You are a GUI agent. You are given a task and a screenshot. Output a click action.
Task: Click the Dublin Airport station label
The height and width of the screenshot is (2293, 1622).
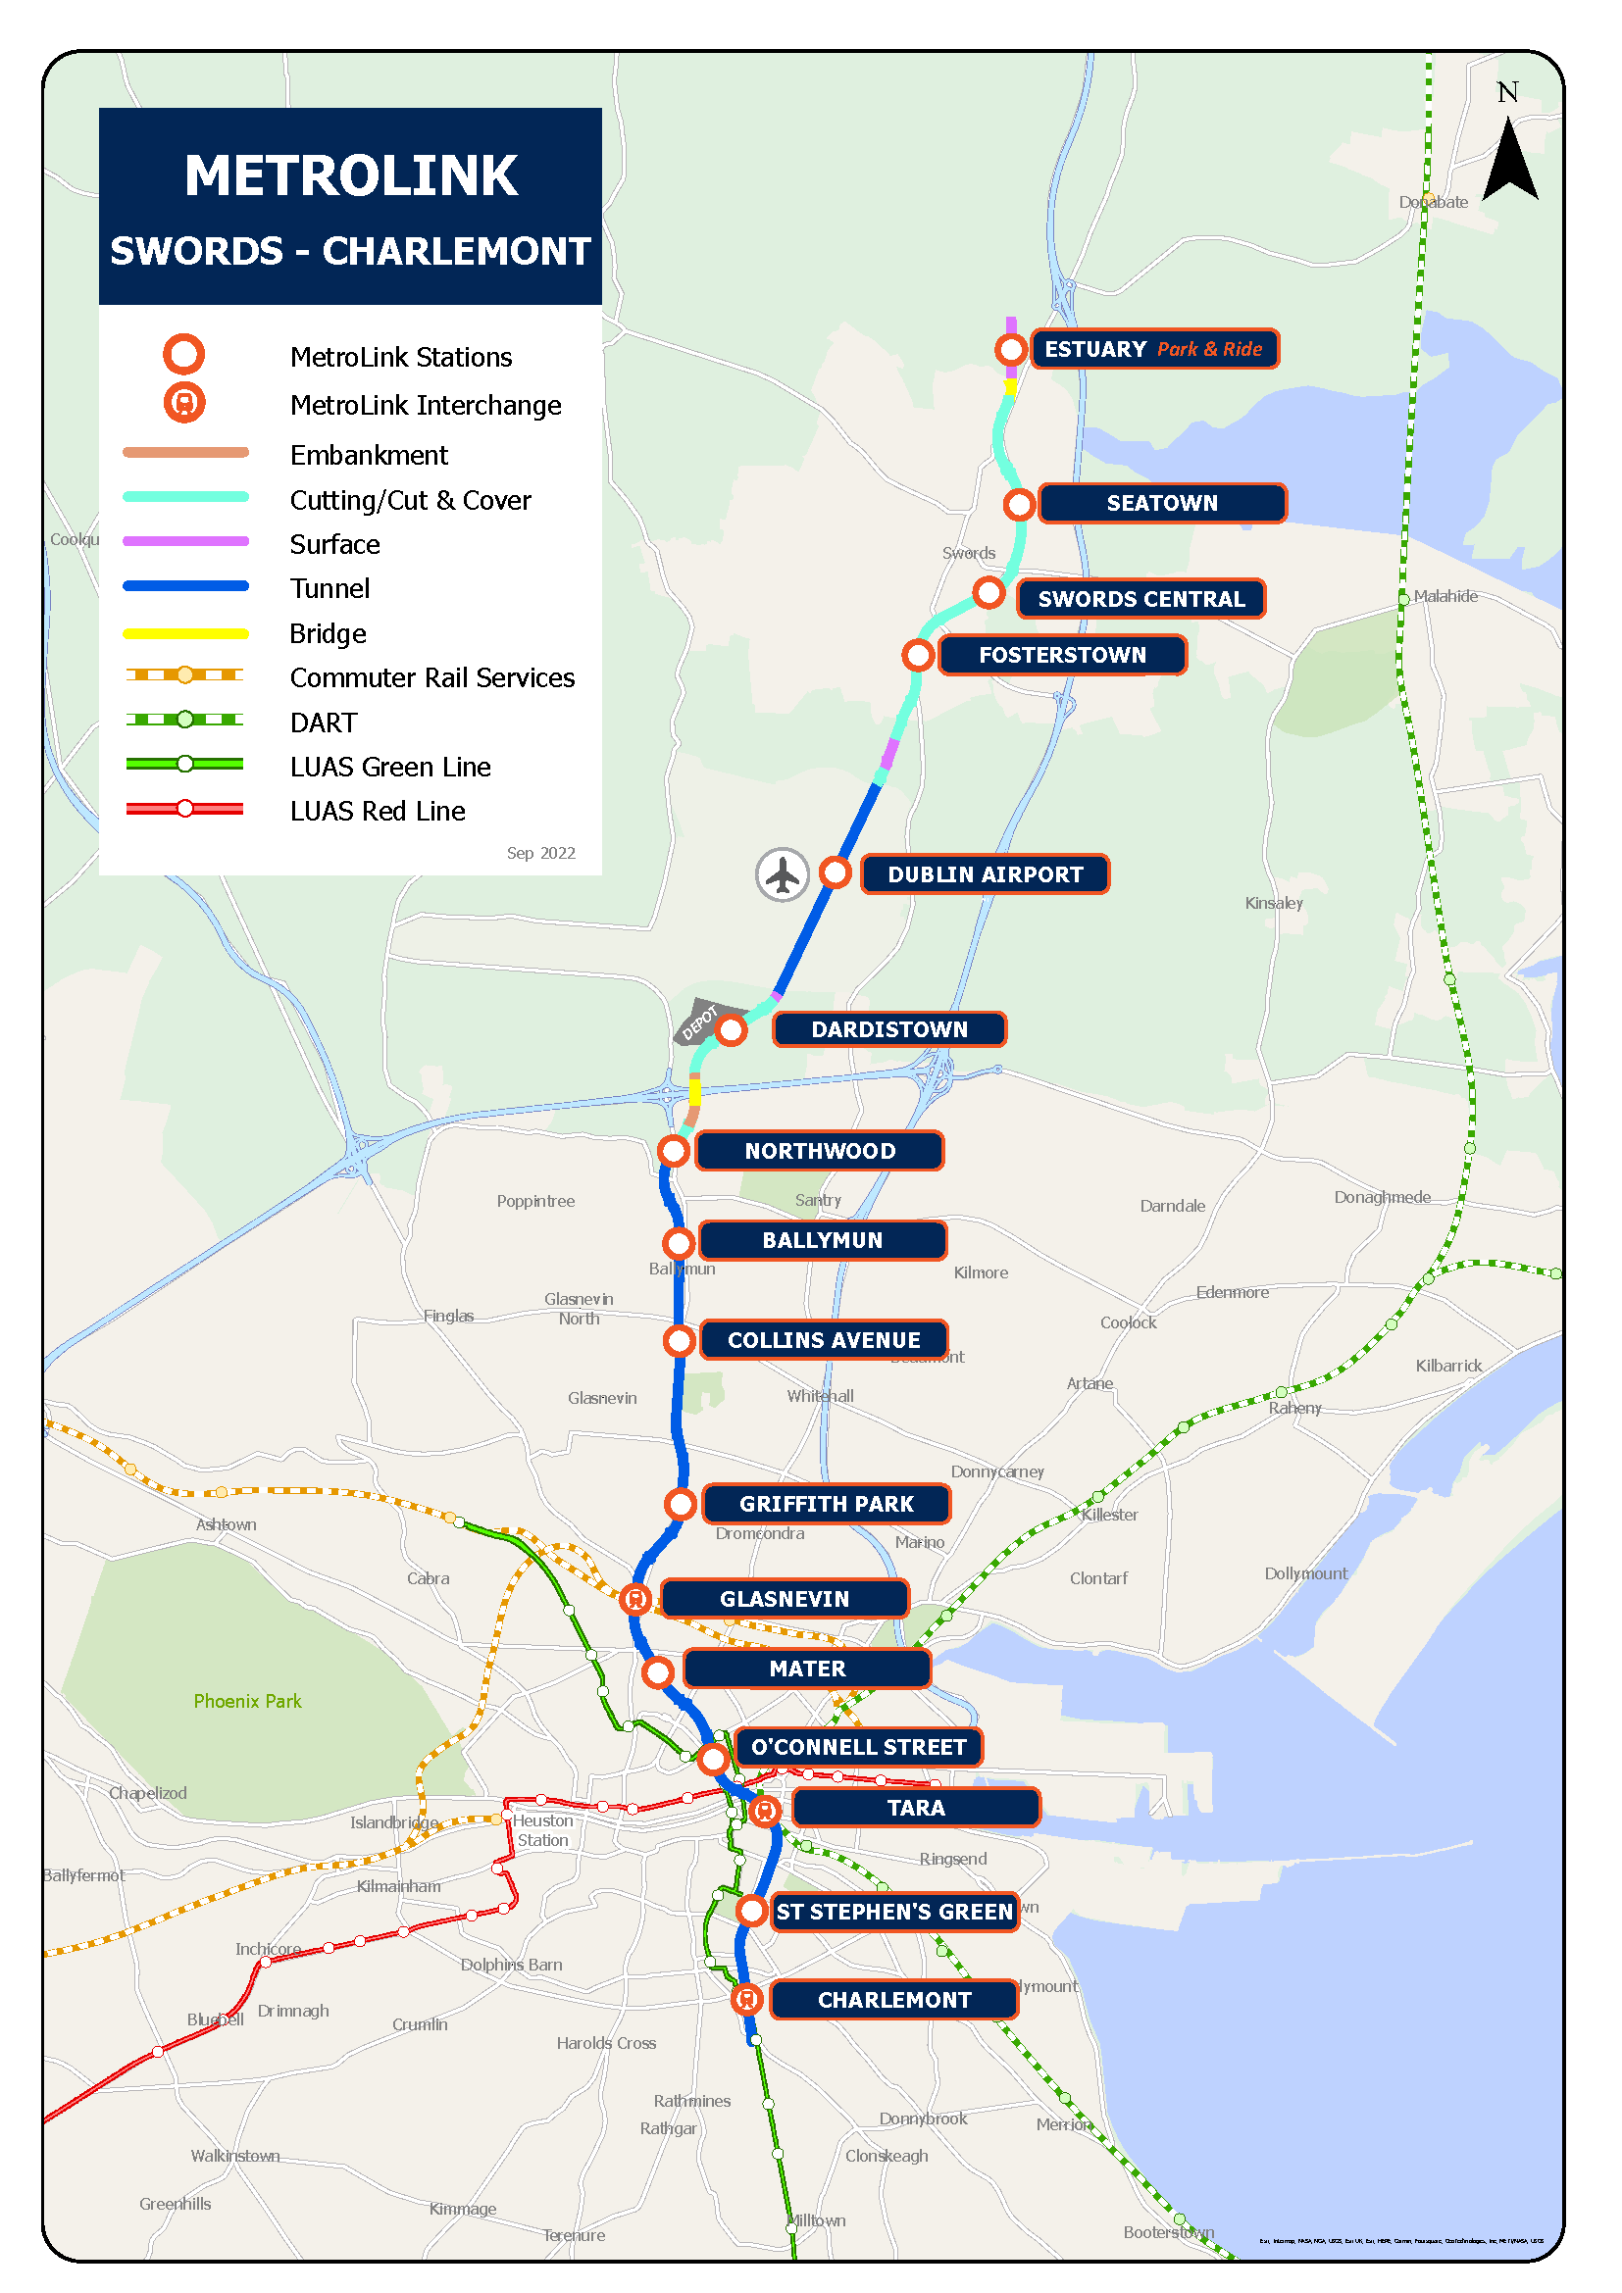tap(984, 873)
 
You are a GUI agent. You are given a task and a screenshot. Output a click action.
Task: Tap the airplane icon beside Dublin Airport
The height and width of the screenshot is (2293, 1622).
tap(782, 874)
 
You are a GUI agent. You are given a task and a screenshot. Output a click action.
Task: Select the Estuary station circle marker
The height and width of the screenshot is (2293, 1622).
tap(1011, 350)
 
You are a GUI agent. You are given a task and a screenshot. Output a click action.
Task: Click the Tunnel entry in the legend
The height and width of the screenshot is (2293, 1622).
tap(329, 588)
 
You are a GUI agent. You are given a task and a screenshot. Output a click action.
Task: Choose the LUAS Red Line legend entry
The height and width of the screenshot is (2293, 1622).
tap(378, 811)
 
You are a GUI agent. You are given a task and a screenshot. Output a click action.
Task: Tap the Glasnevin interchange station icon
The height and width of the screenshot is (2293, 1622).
tap(635, 1599)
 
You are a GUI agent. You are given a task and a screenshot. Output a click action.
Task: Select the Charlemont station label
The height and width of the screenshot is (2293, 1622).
tap(894, 1999)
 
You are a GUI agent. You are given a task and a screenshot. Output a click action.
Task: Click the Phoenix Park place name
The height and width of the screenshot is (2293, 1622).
tap(247, 1701)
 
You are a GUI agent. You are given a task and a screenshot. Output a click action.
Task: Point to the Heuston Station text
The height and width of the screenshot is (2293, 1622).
tap(542, 1829)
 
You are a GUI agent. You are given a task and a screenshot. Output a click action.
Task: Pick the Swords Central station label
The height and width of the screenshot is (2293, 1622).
tap(1140, 599)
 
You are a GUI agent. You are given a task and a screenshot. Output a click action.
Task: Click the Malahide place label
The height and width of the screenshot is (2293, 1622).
tap(1445, 596)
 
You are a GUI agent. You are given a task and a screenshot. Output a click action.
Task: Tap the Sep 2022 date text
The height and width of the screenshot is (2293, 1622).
tap(540, 853)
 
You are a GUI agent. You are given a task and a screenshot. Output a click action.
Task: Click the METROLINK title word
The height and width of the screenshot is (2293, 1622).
tap(350, 175)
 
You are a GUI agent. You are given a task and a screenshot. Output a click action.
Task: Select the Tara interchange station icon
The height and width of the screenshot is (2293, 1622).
tap(765, 1810)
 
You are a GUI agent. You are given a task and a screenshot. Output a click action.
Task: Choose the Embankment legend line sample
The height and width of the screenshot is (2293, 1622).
tap(185, 452)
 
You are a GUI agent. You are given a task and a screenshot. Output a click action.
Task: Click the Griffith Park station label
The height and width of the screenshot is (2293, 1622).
tap(826, 1504)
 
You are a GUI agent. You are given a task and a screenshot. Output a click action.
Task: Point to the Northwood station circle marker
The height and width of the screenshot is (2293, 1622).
tap(674, 1151)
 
